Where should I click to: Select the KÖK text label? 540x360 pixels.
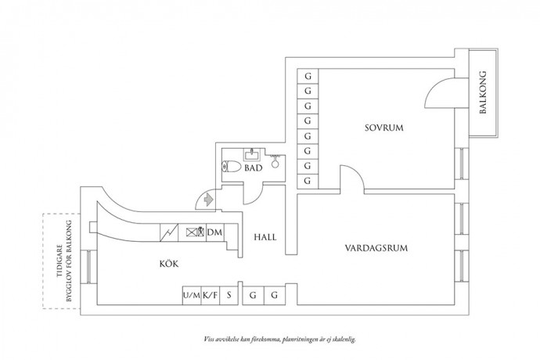click(168, 265)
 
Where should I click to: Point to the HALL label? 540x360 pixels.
click(266, 237)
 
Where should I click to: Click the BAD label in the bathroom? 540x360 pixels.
click(253, 167)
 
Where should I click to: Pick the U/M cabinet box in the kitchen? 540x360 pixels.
click(190, 296)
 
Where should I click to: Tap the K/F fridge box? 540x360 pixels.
click(209, 296)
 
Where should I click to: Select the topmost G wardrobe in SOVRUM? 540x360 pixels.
click(308, 77)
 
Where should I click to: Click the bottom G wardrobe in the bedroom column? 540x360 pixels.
click(308, 181)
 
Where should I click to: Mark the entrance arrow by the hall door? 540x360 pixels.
click(207, 200)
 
